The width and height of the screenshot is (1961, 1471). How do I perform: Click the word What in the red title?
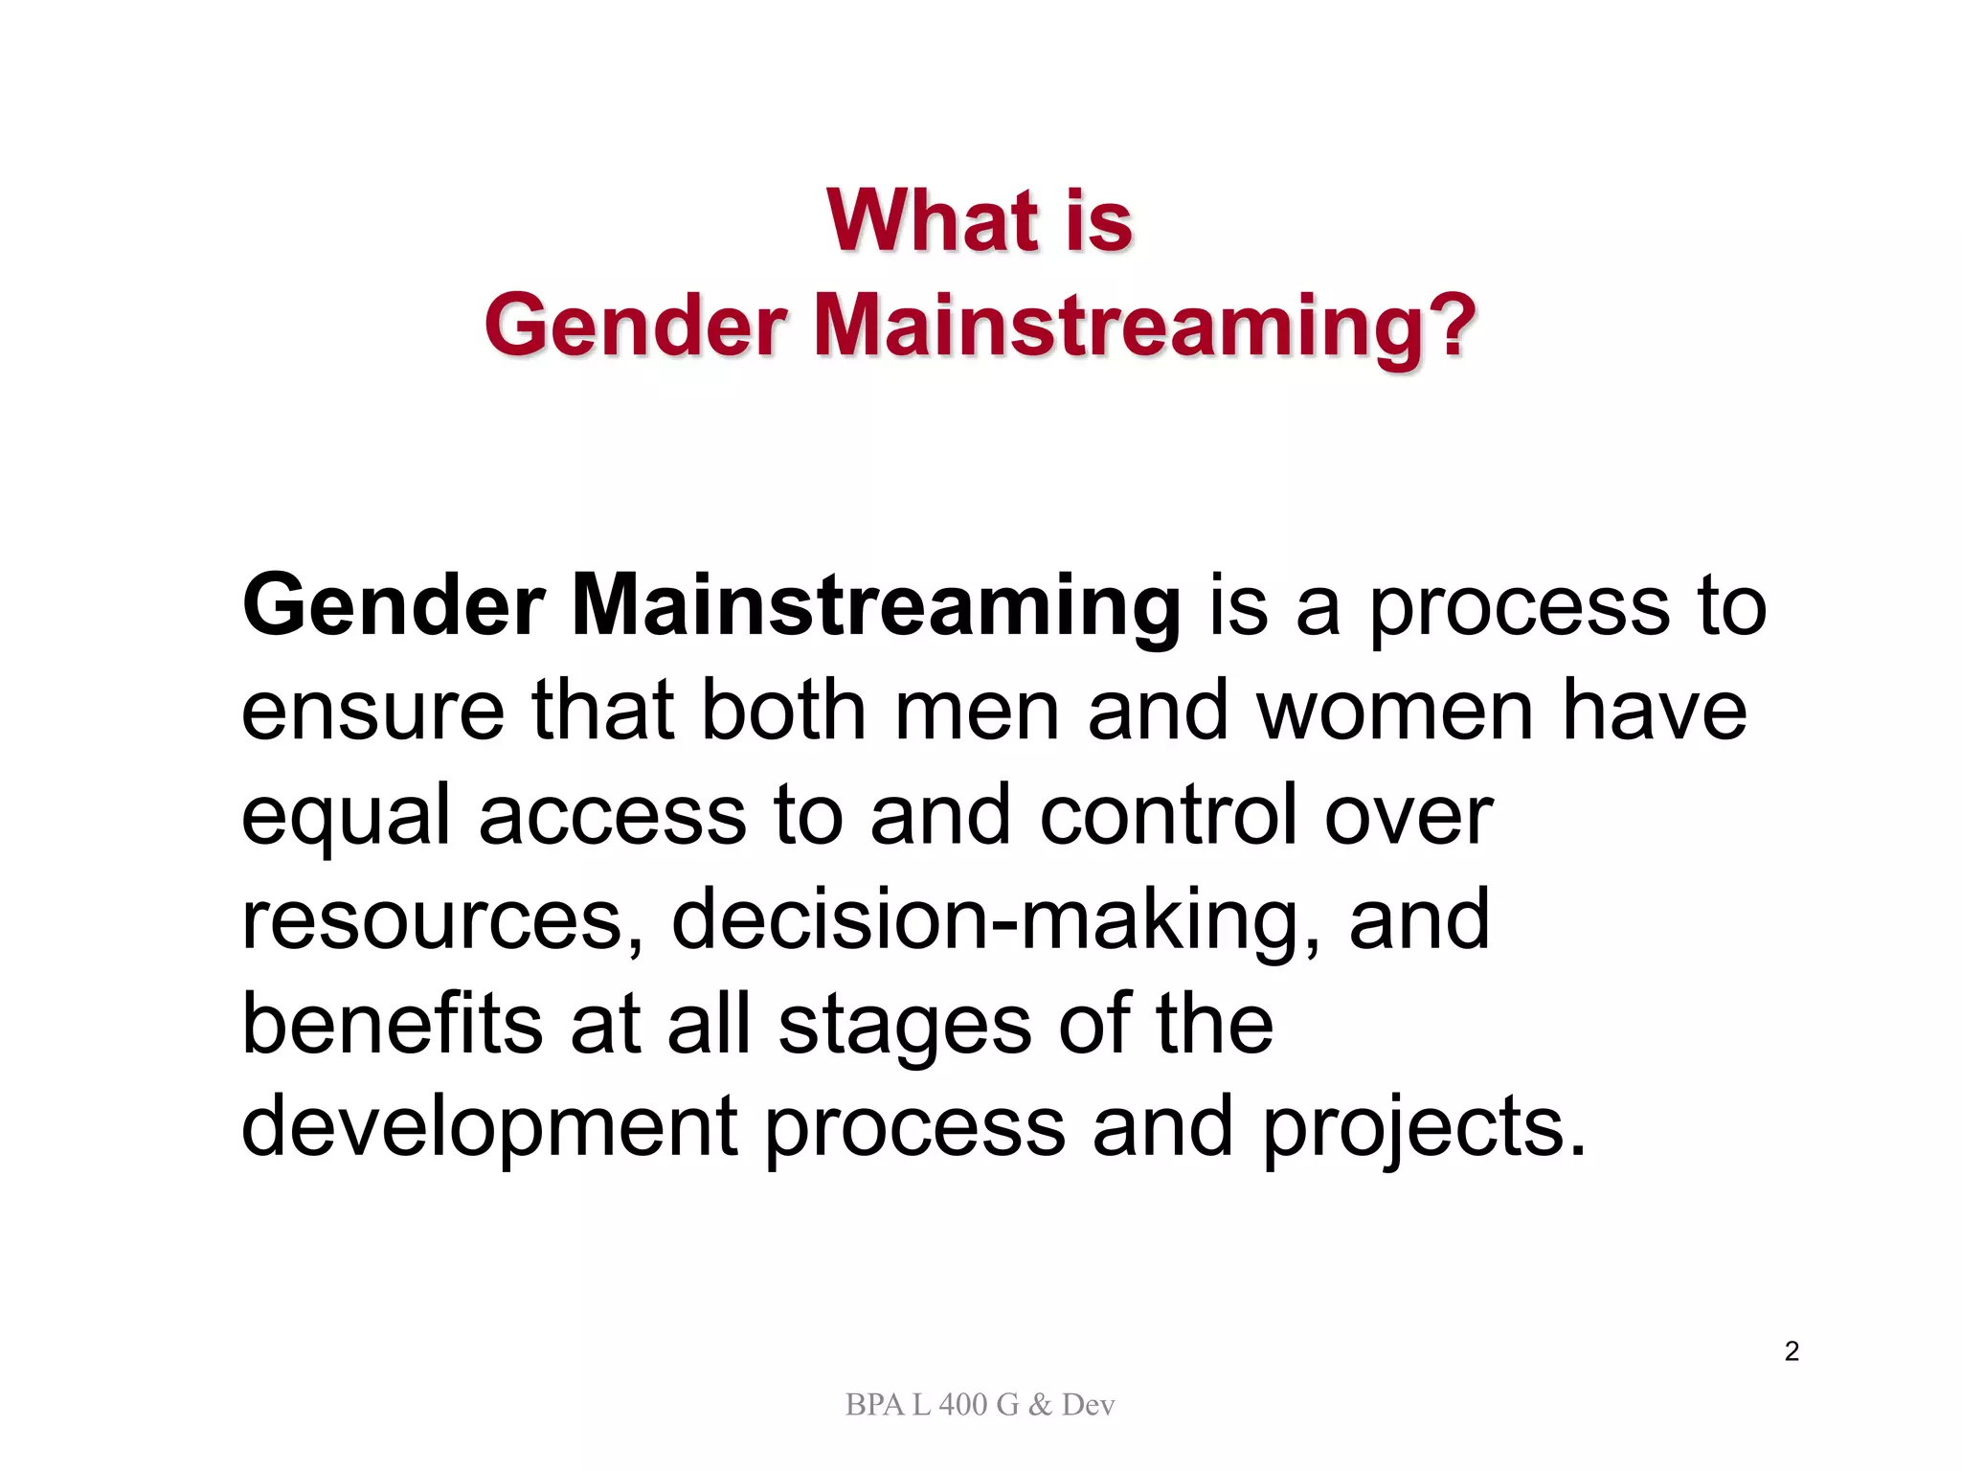click(933, 221)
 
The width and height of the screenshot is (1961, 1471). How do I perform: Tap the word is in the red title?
click(1098, 221)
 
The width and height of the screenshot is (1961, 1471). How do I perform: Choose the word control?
click(1168, 816)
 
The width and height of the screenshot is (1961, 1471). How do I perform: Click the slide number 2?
click(1792, 1351)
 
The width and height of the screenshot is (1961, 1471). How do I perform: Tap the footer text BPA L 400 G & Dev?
click(980, 1405)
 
